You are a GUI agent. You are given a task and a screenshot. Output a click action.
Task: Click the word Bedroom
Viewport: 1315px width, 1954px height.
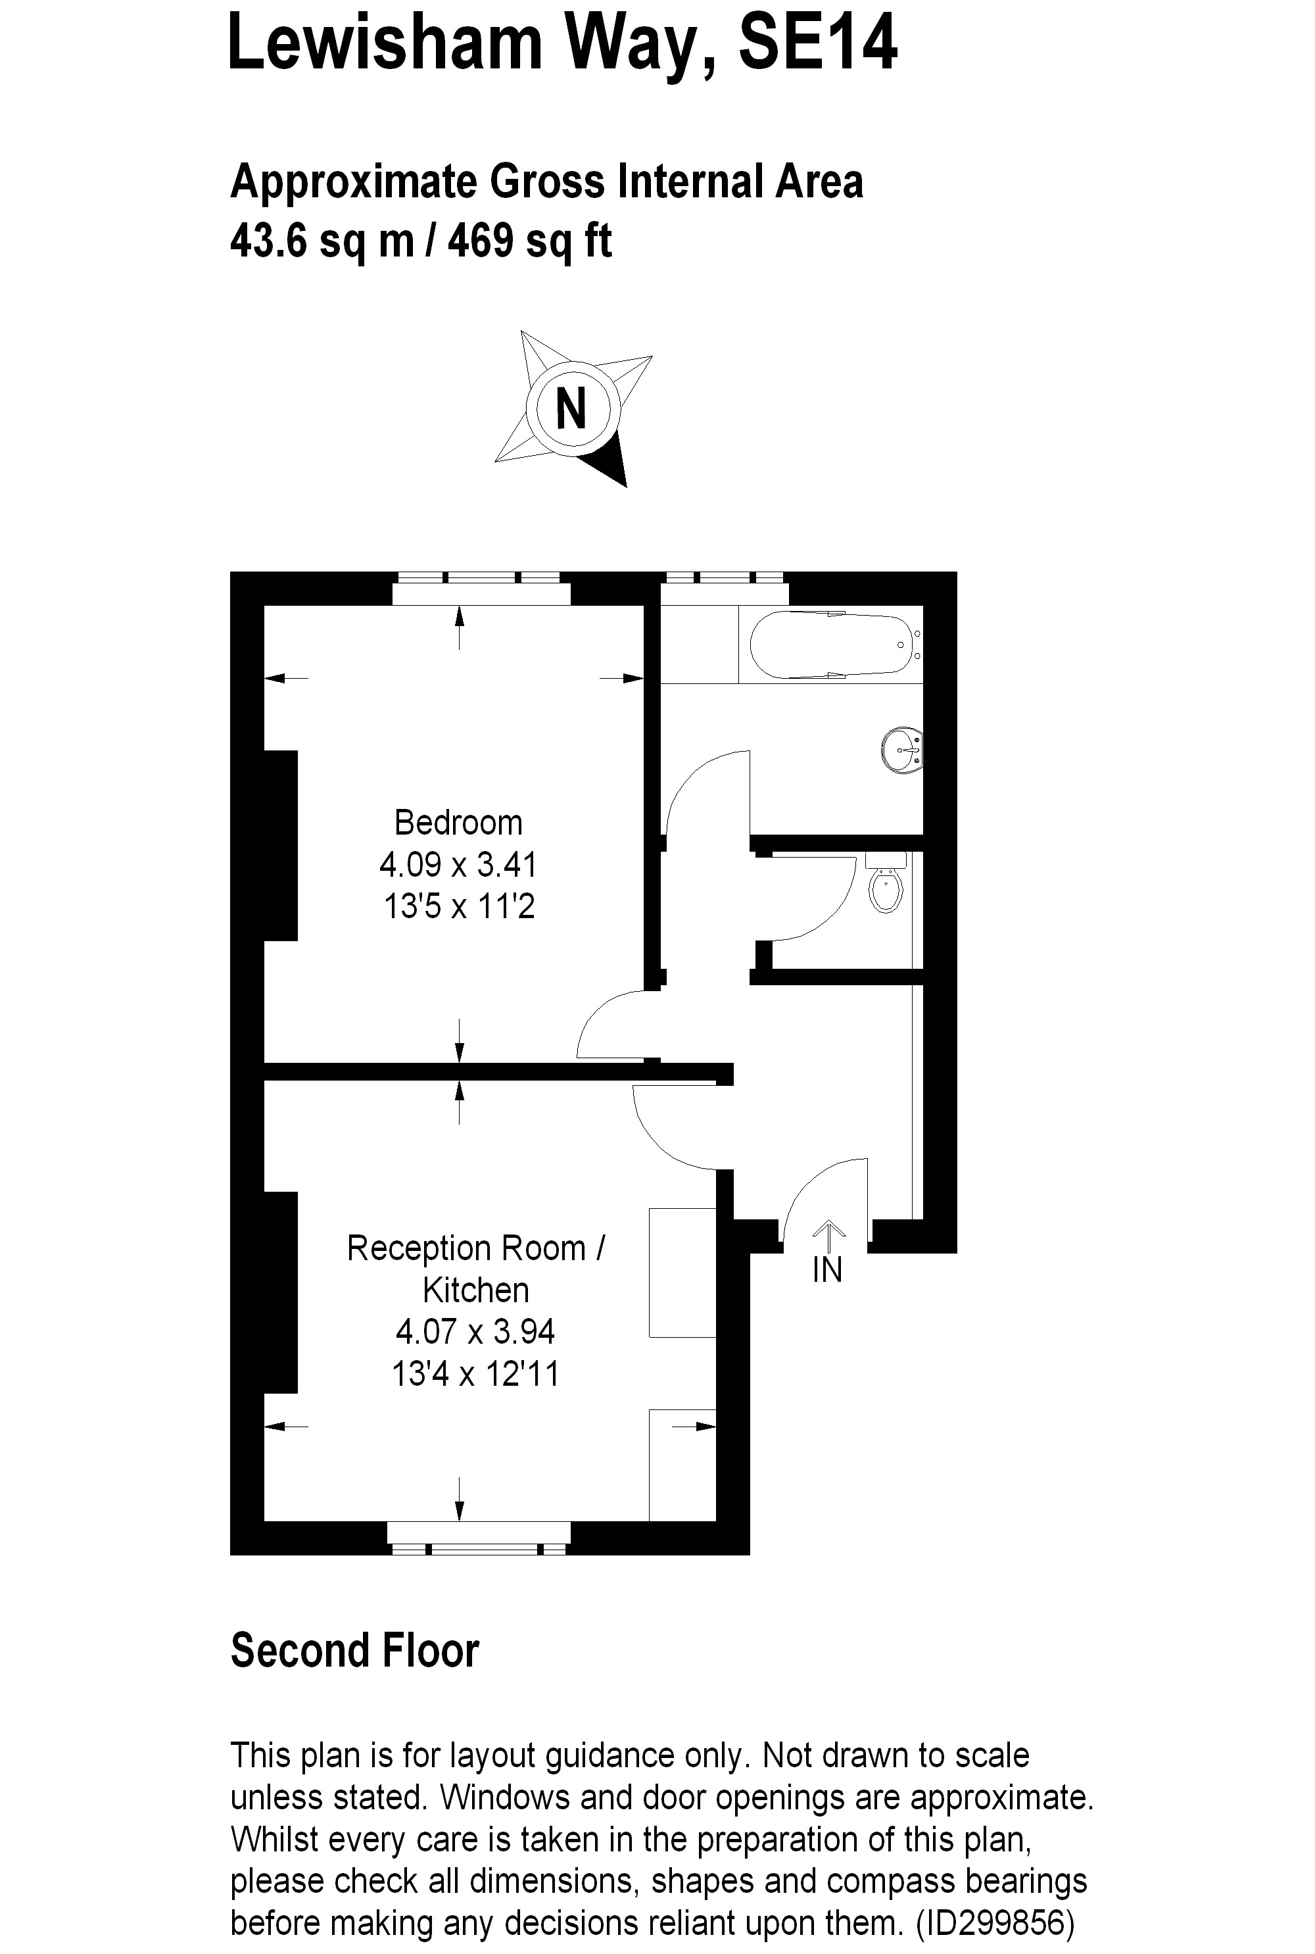tap(459, 823)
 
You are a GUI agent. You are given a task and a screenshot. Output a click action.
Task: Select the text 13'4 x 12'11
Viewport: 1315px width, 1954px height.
tap(475, 1374)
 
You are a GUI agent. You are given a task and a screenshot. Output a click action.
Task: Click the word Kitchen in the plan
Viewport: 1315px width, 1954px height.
tap(475, 1290)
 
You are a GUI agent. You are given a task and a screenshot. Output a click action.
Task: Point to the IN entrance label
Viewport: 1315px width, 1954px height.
tap(827, 1271)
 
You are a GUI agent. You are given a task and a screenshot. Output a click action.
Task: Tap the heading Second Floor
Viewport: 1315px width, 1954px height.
tap(355, 1650)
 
